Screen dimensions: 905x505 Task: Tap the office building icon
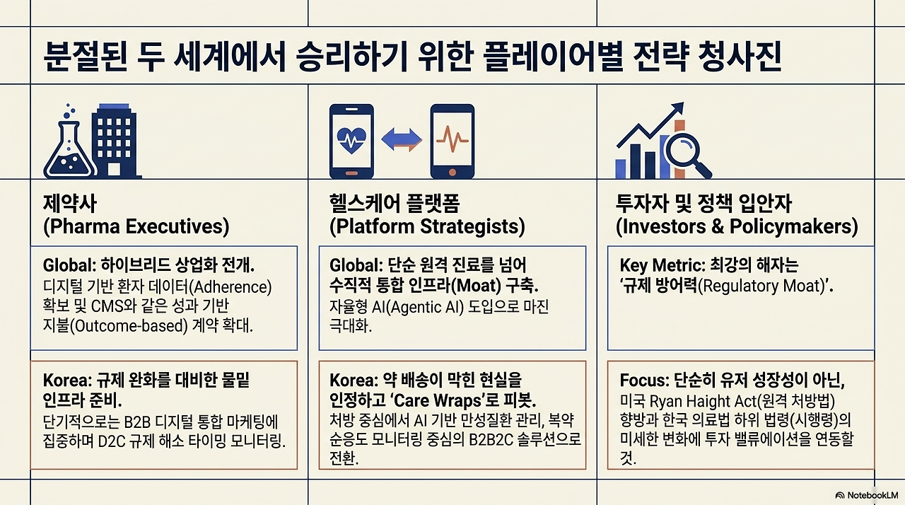pos(115,141)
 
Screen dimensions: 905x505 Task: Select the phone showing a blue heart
pos(351,141)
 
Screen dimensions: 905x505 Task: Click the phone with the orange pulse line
pos(452,141)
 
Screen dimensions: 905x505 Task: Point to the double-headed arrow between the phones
pos(402,140)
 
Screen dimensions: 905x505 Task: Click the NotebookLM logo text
pos(872,495)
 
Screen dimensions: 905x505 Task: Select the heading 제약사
pos(70,203)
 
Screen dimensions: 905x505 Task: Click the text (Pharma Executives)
pos(136,226)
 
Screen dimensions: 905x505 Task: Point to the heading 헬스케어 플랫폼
pos(395,203)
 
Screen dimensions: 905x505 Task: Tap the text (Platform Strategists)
pos(428,226)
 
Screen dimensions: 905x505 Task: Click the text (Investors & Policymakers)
pos(737,226)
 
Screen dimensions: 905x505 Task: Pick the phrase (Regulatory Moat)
pos(761,286)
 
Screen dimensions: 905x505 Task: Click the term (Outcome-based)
pos(129,325)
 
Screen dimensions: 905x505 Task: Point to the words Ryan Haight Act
pos(703,402)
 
